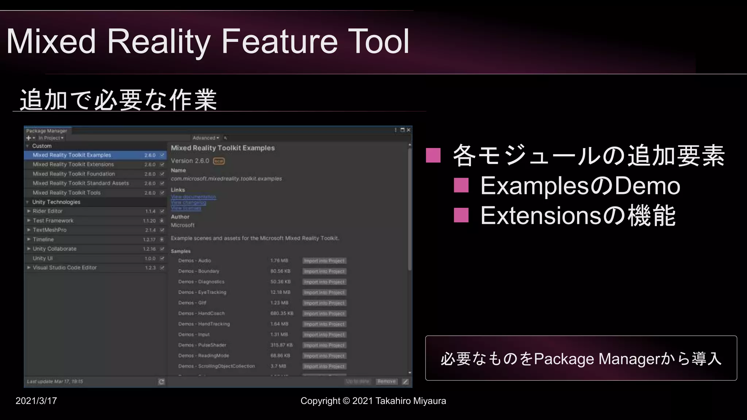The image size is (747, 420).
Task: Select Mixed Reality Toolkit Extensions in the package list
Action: pyautogui.click(x=73, y=164)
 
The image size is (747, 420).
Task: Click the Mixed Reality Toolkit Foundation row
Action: pyautogui.click(x=74, y=174)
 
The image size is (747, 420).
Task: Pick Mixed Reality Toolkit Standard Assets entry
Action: pyautogui.click(x=81, y=183)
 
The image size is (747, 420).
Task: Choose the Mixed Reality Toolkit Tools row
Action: pyautogui.click(x=66, y=192)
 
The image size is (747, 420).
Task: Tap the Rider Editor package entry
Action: pyautogui.click(x=48, y=211)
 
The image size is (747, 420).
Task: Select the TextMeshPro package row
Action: pyautogui.click(x=50, y=230)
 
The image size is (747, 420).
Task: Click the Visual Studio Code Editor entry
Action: pyautogui.click(x=65, y=268)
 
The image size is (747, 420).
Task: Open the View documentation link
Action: pyautogui.click(x=193, y=197)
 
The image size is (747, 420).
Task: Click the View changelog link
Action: pyautogui.click(x=189, y=202)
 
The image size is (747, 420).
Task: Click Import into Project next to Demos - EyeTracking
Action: pyautogui.click(x=324, y=292)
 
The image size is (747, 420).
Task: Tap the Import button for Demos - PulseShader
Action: pyautogui.click(x=324, y=345)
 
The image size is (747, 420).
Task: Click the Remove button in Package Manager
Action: pyautogui.click(x=386, y=381)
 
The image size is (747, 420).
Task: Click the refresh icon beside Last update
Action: pyautogui.click(x=161, y=382)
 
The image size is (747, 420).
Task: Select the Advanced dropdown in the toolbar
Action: pyautogui.click(x=205, y=138)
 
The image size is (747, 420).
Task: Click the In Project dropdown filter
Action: pyautogui.click(x=51, y=138)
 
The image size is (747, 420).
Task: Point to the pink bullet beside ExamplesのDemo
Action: pyautogui.click(x=461, y=185)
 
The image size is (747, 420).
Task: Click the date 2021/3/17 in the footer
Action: pyautogui.click(x=36, y=401)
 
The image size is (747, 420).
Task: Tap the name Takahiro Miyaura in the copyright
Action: pyautogui.click(x=410, y=401)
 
